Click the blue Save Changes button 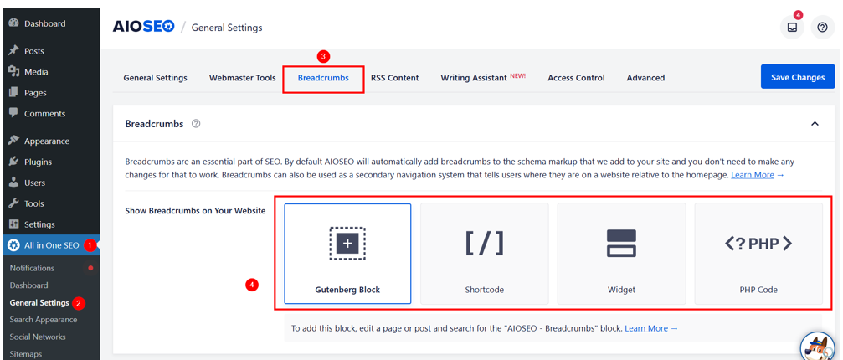tap(797, 77)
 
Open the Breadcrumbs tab tap(323, 78)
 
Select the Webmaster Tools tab tap(242, 78)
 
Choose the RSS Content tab tap(394, 78)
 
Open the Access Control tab tap(576, 78)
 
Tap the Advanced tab tap(645, 78)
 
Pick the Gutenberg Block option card tap(347, 253)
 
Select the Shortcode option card tap(485, 253)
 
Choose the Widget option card tap(621, 253)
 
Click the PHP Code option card tap(758, 253)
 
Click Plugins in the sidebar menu tap(38, 162)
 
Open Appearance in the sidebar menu tap(46, 141)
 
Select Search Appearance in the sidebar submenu tap(44, 320)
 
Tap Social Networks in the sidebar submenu tap(38, 337)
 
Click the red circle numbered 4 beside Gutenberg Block tap(251, 285)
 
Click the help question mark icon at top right tap(822, 28)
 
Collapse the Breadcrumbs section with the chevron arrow tap(815, 124)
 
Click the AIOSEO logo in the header tap(143, 27)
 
